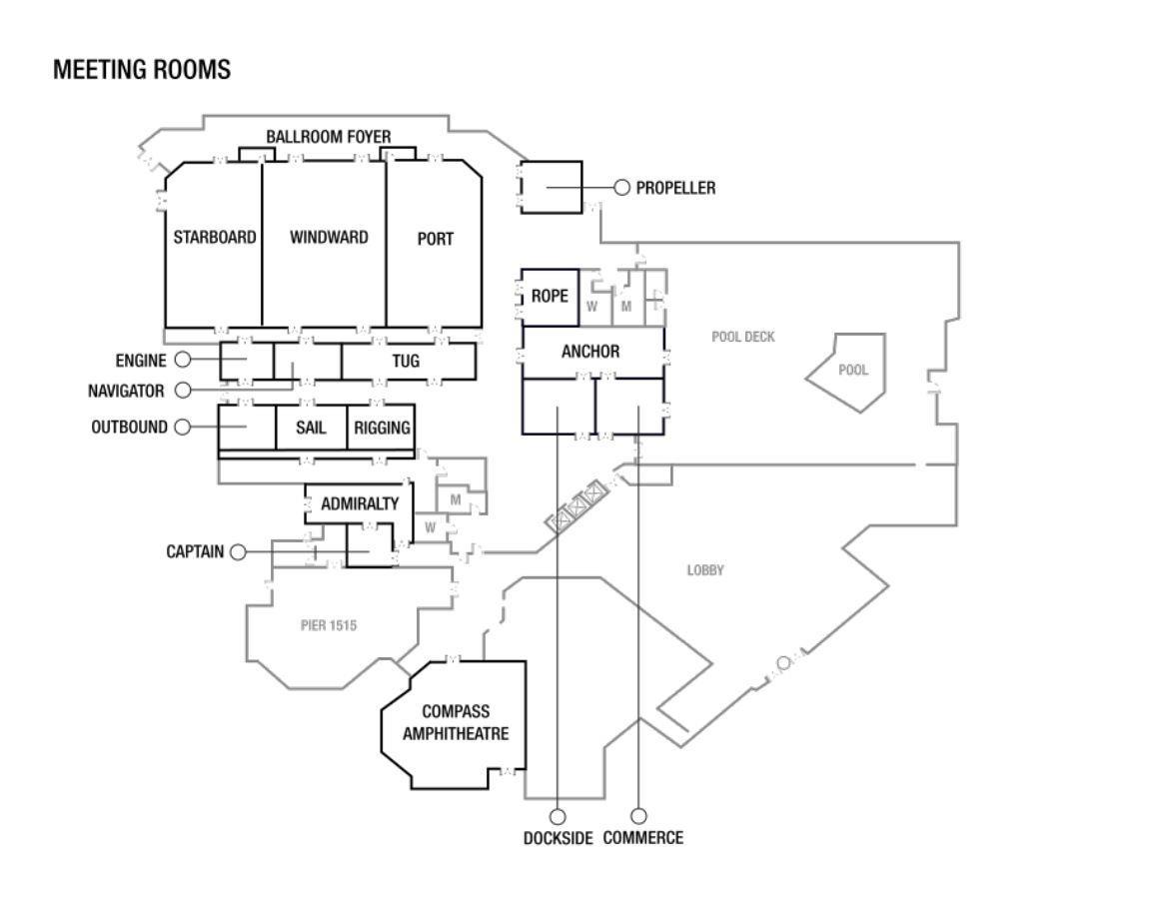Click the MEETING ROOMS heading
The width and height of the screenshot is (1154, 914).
142,70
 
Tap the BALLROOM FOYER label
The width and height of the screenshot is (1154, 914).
329,137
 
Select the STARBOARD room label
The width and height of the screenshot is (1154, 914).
215,237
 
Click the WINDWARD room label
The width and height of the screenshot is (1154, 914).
329,237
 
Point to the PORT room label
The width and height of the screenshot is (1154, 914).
435,239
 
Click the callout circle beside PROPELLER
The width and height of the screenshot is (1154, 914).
621,188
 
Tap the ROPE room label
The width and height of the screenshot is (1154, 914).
550,296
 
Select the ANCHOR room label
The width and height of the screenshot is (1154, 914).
590,352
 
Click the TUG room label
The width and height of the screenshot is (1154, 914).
406,361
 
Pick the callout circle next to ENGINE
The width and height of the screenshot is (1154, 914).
183,360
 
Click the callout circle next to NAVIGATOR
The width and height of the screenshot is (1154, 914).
183,390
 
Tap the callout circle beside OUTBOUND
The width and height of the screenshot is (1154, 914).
183,427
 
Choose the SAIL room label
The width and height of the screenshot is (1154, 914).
311,428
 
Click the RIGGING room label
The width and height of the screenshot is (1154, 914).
382,428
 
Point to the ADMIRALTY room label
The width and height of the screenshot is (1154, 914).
360,504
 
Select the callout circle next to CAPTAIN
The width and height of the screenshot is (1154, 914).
238,552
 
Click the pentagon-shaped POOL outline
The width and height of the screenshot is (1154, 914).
884,368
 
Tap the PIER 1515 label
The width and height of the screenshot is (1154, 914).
329,625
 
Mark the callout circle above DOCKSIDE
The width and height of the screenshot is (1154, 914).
558,817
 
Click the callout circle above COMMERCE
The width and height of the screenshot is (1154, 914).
638,815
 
